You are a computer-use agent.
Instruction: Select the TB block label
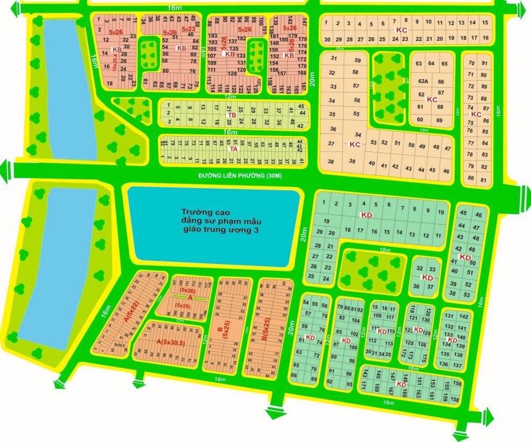tap(233, 115)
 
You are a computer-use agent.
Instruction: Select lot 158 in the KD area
tap(455, 399)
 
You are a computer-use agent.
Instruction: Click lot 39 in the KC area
tap(352, 161)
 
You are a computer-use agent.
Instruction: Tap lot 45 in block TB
tap(301, 106)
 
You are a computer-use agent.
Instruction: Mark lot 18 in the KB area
tap(110, 83)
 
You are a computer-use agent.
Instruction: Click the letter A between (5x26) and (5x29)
tap(189, 298)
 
